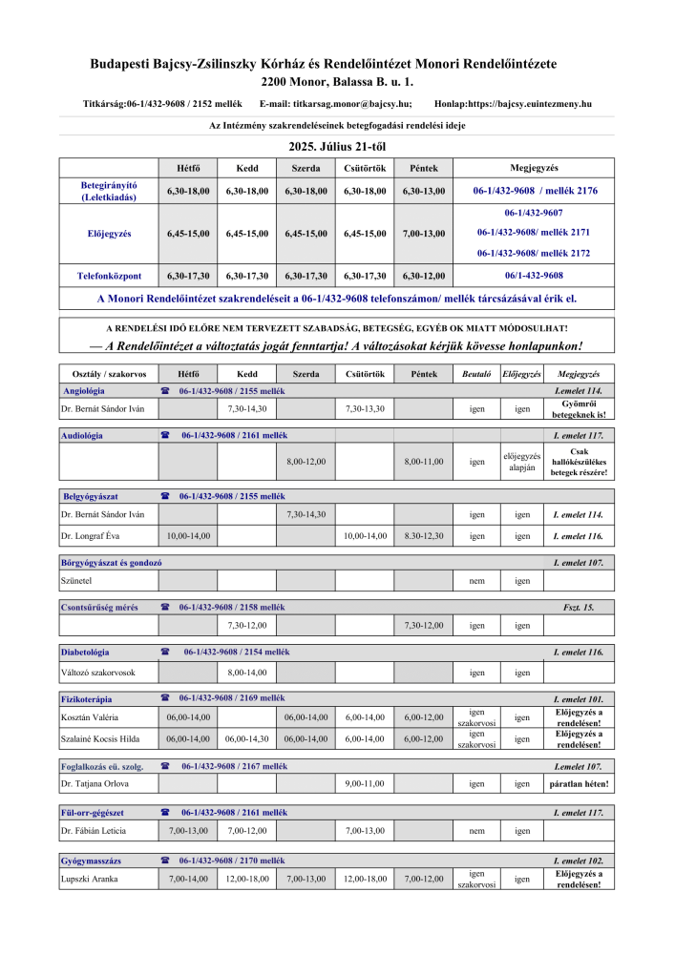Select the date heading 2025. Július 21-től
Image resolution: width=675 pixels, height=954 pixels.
tap(338, 147)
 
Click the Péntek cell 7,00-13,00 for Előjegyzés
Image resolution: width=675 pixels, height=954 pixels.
tap(424, 233)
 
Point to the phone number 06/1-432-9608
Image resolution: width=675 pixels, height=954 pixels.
tap(534, 276)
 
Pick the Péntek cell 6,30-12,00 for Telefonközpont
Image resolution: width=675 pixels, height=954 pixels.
tap(424, 276)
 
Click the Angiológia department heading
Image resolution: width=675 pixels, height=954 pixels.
tap(84, 391)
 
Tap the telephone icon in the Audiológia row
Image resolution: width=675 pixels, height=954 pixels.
tap(164, 435)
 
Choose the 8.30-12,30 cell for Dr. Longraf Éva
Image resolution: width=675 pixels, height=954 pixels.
tap(424, 536)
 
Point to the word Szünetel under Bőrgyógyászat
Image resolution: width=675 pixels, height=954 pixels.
tap(76, 580)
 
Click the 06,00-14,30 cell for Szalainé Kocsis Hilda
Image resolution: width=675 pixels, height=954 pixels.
tap(246, 738)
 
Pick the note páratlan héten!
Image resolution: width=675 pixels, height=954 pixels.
tap(580, 784)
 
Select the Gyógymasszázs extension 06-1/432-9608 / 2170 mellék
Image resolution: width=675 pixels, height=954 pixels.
tap(232, 860)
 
